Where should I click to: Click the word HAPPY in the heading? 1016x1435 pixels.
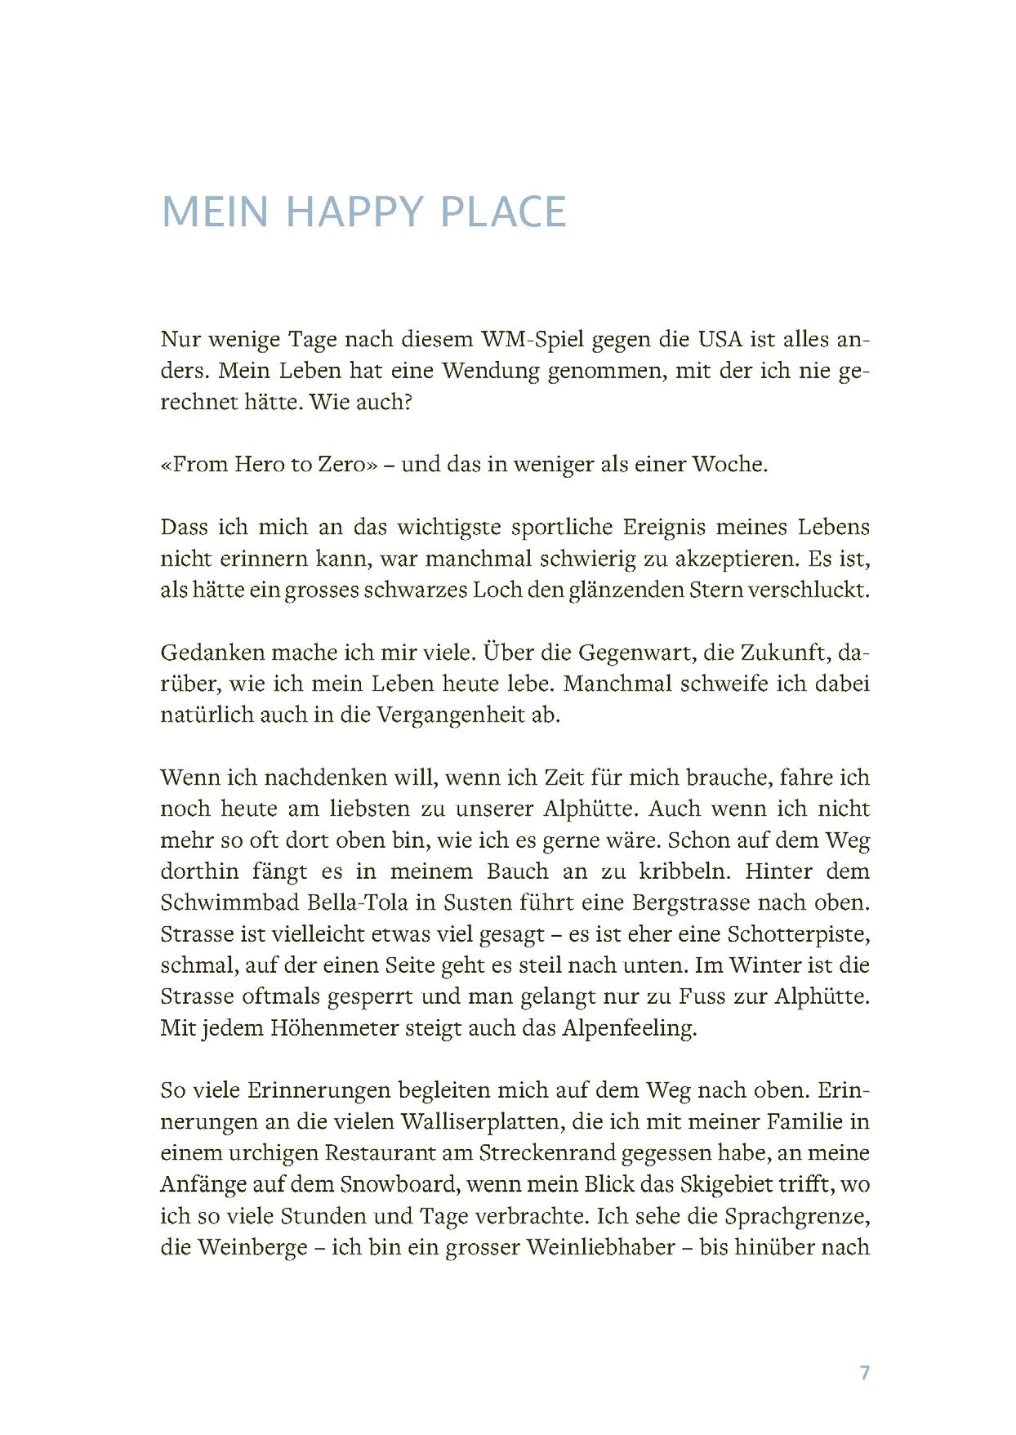pos(355,212)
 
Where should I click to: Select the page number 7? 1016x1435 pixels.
pos(865,1372)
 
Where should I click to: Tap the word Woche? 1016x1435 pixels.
pos(729,464)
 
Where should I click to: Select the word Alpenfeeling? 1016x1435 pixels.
pos(629,1027)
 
